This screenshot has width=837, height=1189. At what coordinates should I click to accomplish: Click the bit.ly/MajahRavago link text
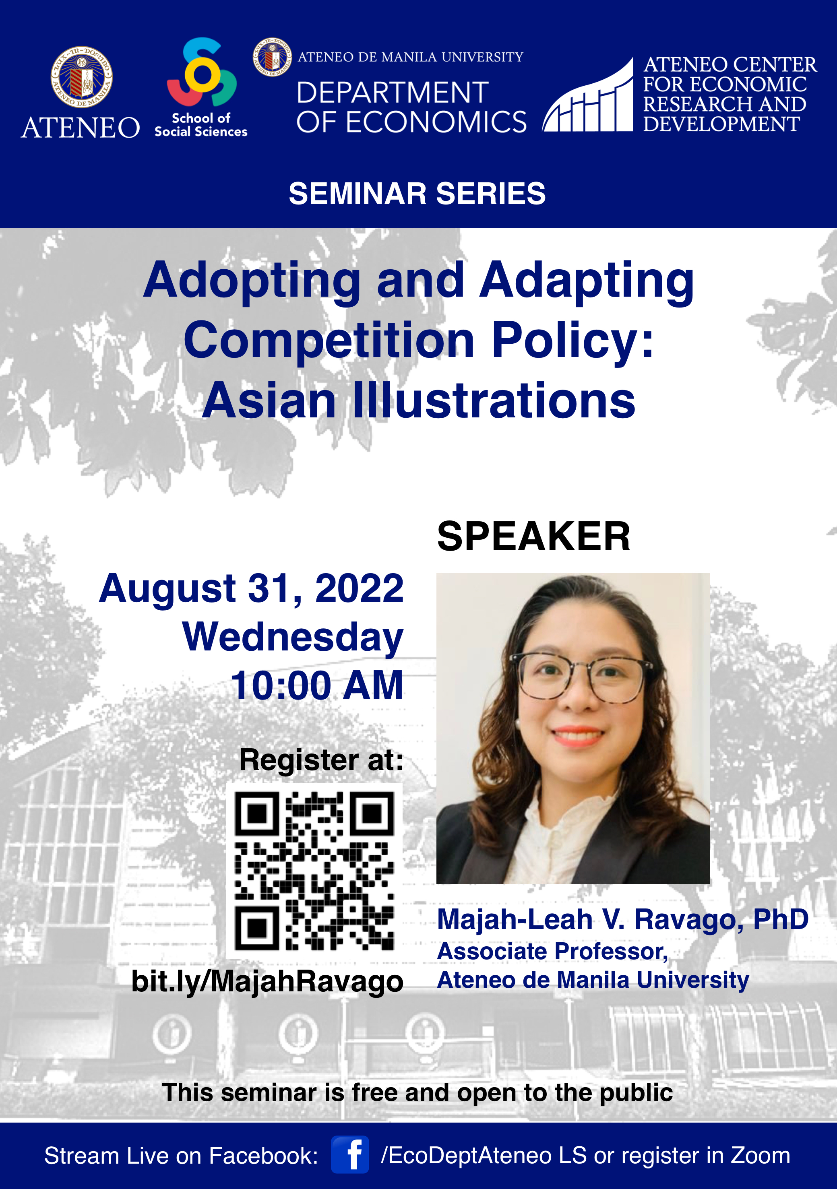click(267, 982)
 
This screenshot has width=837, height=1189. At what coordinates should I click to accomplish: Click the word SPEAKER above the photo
click(533, 537)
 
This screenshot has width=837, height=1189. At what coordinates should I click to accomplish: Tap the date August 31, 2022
click(251, 588)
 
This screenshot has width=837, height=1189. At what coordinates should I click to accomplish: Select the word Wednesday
click(293, 638)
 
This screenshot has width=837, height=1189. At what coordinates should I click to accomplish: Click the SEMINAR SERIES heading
click(417, 194)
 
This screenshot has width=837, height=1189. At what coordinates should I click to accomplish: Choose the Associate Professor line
click(553, 951)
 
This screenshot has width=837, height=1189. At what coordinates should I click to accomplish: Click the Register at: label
click(321, 760)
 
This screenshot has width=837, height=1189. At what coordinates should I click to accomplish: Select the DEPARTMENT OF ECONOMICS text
click(411, 107)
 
